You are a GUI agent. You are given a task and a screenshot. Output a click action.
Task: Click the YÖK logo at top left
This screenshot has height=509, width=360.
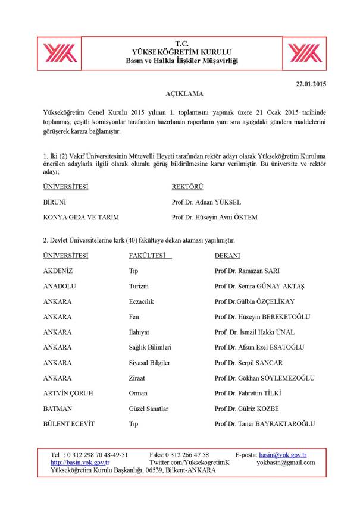pyautogui.click(x=58, y=52)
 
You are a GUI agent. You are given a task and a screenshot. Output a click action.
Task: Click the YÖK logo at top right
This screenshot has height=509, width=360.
pyautogui.click(x=301, y=52)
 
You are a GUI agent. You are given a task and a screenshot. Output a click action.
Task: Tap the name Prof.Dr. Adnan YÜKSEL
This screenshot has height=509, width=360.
pyautogui.click(x=206, y=202)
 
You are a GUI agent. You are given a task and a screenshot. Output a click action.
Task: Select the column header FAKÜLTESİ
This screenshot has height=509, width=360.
pyautogui.click(x=149, y=256)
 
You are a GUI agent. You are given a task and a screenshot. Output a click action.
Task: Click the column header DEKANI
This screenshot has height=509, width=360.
pyautogui.click(x=227, y=256)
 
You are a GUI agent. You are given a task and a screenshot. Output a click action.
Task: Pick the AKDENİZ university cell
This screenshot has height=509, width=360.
pyautogui.click(x=60, y=271)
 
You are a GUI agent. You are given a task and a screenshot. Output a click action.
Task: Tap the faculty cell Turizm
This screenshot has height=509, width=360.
pyautogui.click(x=139, y=287)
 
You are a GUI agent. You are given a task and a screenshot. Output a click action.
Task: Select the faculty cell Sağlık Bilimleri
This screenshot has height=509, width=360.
pyautogui.click(x=150, y=347)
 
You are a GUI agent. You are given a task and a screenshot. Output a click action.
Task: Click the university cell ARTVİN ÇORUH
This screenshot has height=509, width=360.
pyautogui.click(x=68, y=393)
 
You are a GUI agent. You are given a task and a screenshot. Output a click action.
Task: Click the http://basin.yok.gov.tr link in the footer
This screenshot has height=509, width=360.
pyautogui.click(x=80, y=463)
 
